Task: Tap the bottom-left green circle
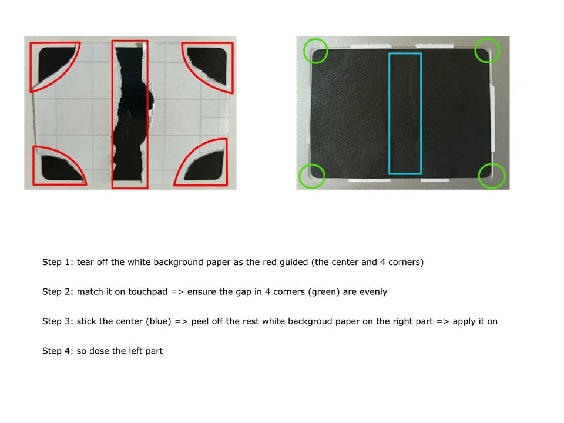click(312, 176)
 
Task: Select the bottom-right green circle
click(492, 176)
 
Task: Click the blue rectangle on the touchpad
click(405, 113)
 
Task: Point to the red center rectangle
click(130, 115)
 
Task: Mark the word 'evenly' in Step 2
click(372, 291)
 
